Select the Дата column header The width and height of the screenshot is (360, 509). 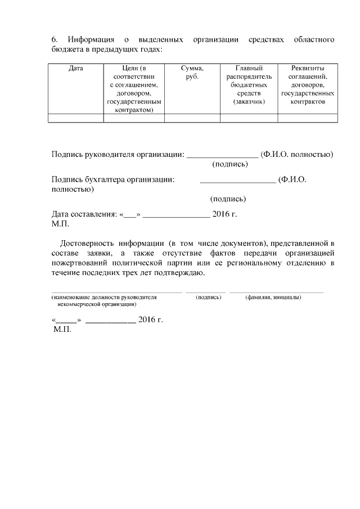pos(75,68)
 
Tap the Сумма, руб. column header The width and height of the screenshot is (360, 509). pos(192,72)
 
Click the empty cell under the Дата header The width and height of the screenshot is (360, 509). pos(75,118)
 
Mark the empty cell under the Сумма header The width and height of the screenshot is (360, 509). pos(192,118)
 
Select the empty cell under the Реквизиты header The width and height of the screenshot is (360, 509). pos(308,118)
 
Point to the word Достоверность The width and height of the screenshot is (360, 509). pos(82,244)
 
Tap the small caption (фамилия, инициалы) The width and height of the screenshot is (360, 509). pos(273,297)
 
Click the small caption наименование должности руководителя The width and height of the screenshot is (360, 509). pos(104,297)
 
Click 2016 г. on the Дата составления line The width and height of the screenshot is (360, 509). pos(225,214)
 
